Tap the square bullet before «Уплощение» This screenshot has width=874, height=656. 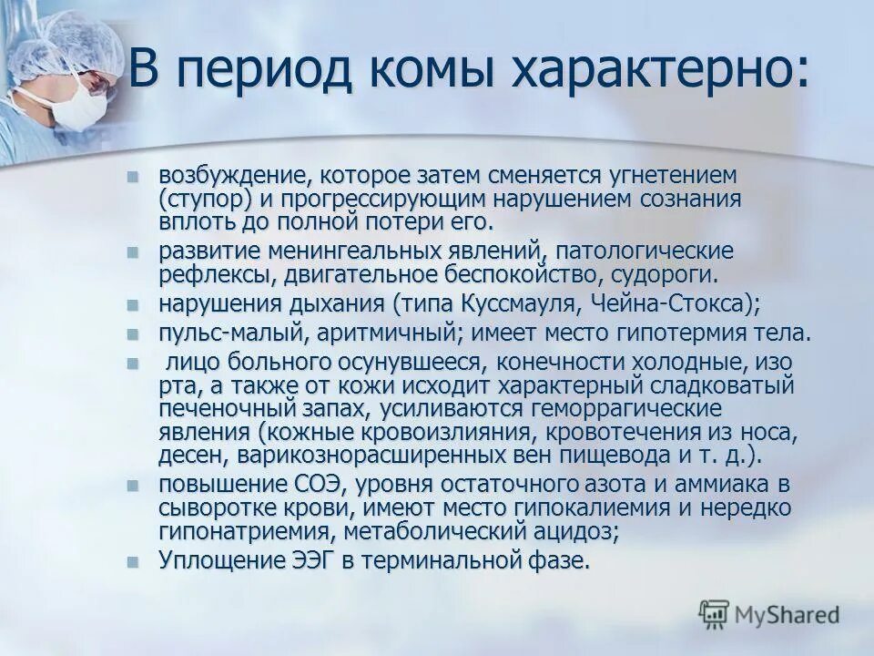(134, 561)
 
